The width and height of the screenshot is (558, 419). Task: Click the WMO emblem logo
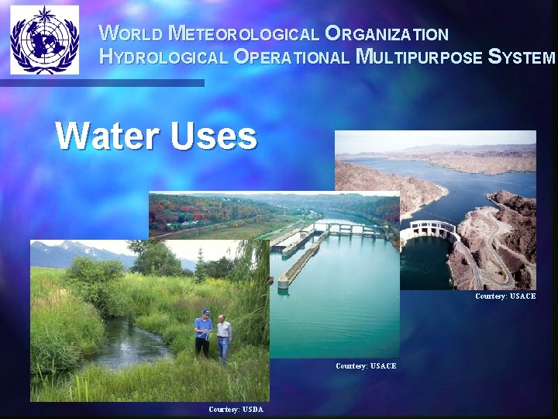pos(44,40)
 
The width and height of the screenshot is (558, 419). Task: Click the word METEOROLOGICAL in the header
pos(243,34)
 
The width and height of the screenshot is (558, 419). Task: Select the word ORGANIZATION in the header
pos(387,34)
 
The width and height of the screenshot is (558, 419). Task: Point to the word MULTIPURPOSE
pos(419,57)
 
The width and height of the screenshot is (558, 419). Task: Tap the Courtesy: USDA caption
pos(236,409)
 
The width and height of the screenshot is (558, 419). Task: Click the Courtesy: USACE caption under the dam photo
pos(505,296)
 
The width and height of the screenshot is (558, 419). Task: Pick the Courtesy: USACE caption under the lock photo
pos(366,365)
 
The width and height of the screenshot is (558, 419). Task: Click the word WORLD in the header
pos(132,34)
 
